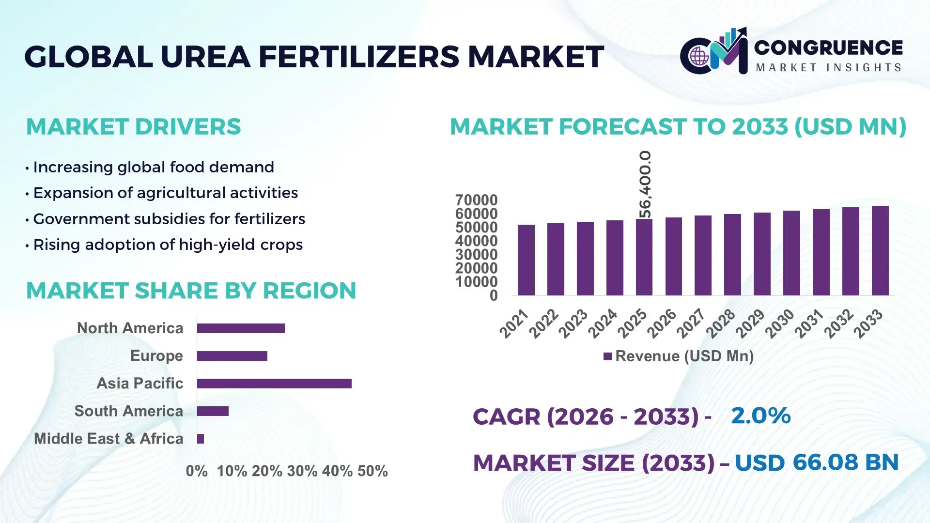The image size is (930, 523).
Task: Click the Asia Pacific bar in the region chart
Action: [274, 384]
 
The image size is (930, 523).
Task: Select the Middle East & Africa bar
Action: [201, 439]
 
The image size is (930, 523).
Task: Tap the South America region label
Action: [129, 411]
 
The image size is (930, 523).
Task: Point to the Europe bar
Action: [232, 356]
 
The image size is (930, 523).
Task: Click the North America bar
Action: [241, 328]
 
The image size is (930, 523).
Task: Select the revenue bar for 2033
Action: [880, 251]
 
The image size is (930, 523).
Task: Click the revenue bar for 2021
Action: [526, 260]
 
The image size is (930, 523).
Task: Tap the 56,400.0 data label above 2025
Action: [645, 184]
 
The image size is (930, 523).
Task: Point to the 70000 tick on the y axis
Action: [476, 200]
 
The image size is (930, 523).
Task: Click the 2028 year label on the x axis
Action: [721, 323]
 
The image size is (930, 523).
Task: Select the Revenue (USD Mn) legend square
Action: [607, 357]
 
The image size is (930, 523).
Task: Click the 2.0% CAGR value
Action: [760, 415]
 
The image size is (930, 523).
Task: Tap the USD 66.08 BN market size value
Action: [817, 462]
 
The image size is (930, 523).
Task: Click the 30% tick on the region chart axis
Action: [302, 471]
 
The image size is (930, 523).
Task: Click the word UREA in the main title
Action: [205, 57]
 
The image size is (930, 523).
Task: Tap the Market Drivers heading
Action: [133, 127]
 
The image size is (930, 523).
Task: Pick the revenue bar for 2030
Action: [791, 253]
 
